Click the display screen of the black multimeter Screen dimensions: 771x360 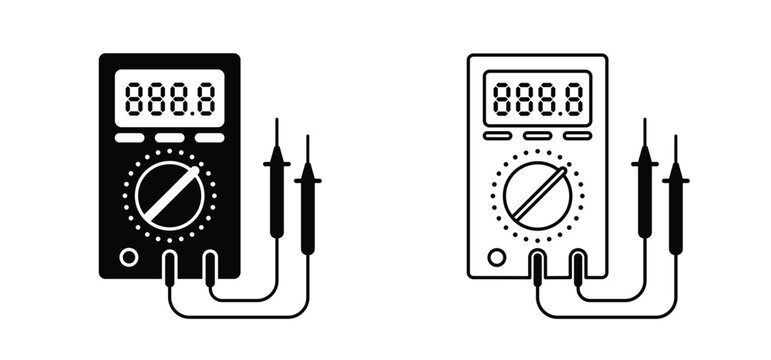[x=169, y=98]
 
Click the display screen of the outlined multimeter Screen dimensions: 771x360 [x=538, y=98]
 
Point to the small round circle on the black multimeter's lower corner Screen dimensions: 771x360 [x=128, y=257]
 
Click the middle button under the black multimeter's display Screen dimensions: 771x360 [x=169, y=138]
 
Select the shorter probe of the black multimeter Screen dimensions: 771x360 [x=308, y=200]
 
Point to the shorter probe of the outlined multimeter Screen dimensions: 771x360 [x=677, y=200]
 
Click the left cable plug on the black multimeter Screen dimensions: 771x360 [x=171, y=267]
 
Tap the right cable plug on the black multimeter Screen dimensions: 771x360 [x=210, y=267]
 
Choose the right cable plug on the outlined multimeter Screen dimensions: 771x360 [x=578, y=267]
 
